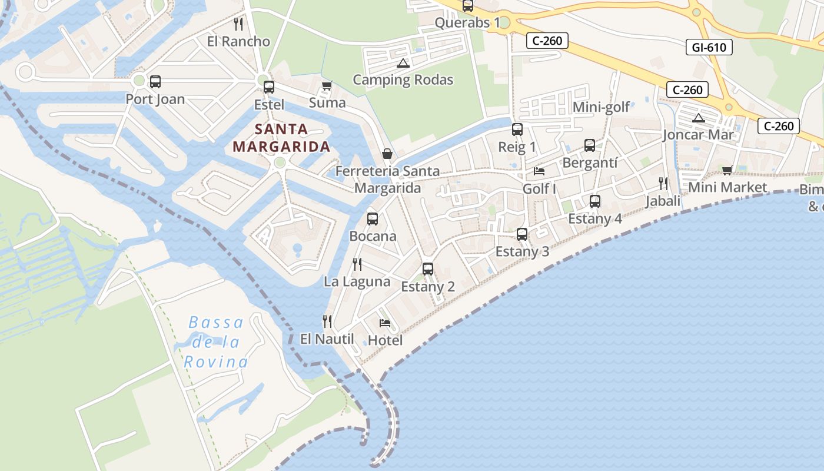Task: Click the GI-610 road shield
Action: point(709,47)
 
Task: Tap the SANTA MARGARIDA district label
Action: point(281,138)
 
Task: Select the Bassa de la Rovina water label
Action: point(215,342)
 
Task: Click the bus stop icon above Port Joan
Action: point(155,82)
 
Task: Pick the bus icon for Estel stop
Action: point(269,87)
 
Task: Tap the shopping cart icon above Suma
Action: point(327,86)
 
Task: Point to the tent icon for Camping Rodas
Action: point(403,63)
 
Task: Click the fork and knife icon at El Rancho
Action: point(238,24)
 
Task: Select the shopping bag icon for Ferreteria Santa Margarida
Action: point(387,154)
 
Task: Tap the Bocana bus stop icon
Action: point(373,219)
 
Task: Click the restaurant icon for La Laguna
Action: point(357,264)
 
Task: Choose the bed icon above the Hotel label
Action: point(385,323)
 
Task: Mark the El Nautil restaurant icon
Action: point(327,321)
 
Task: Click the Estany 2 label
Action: point(428,287)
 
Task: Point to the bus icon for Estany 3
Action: point(522,234)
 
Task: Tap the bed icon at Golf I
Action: point(539,171)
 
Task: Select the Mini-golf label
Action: point(601,107)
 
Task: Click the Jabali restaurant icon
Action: point(663,184)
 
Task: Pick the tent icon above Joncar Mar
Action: point(699,118)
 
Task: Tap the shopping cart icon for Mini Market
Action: point(727,170)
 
